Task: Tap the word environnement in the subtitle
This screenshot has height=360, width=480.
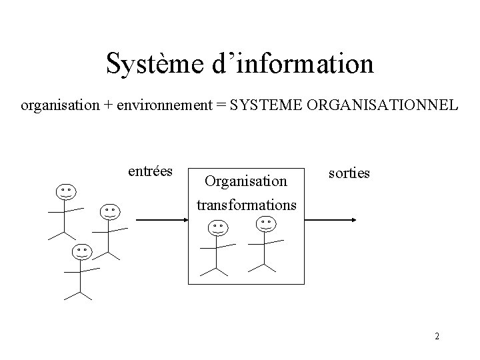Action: coord(159,105)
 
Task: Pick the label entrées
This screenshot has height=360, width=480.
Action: coord(150,171)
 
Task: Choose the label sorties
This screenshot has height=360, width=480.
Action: coord(349,173)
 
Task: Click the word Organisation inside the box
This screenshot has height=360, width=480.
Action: coord(246,181)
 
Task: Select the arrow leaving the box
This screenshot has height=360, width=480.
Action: coord(337,219)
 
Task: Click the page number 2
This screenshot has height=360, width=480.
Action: coord(437,336)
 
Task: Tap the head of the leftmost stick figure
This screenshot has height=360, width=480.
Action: coord(65,192)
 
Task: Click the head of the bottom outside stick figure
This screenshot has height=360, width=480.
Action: coord(81,252)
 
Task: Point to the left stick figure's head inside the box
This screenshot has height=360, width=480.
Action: coord(217,227)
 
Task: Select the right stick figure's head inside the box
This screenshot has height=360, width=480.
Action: coord(266,222)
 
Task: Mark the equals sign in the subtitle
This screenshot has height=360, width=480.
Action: coord(221,105)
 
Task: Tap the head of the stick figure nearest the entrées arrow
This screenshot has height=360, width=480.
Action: coord(110,211)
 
